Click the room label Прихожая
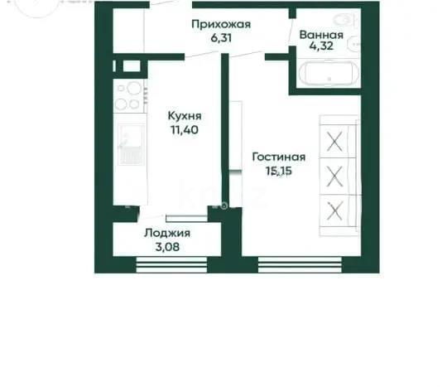(x=220, y=25)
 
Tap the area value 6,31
(x=220, y=37)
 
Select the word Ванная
(x=322, y=36)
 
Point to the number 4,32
(x=322, y=48)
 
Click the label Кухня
(x=184, y=117)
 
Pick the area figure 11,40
(x=184, y=129)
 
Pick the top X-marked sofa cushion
(x=335, y=140)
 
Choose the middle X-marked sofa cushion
(x=335, y=176)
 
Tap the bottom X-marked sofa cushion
(x=335, y=210)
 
